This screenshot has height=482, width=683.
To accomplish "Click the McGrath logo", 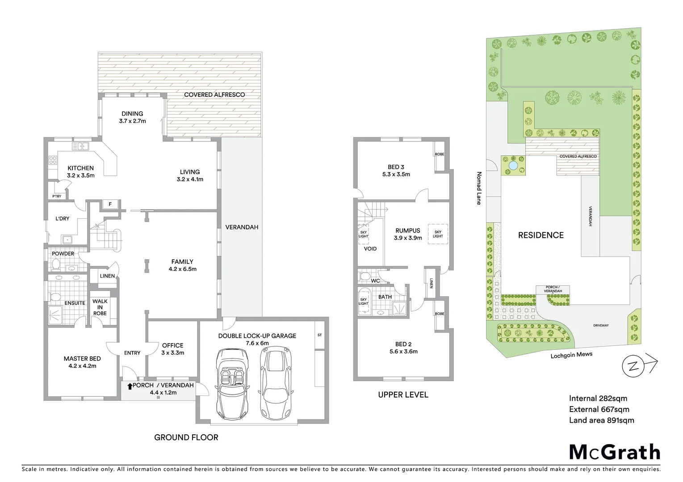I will [x=614, y=452].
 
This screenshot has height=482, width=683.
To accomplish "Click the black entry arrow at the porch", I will [x=130, y=386].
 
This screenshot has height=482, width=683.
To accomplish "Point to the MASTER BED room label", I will [x=82, y=358].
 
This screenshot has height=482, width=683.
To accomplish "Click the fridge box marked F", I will [x=110, y=204].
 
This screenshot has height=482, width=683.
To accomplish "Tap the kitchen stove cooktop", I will [x=53, y=160].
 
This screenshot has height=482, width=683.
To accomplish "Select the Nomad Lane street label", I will [x=479, y=188].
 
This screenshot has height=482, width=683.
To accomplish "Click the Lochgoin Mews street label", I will [x=571, y=355].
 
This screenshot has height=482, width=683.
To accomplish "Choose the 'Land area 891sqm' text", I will [x=601, y=420].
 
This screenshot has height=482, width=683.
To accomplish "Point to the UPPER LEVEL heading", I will [x=403, y=395].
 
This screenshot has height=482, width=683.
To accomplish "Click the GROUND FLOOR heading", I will [x=186, y=437].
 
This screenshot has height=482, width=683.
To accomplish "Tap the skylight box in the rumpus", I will [x=438, y=234].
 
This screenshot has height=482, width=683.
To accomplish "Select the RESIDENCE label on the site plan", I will [x=541, y=235].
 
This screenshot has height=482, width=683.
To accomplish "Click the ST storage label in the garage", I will [x=319, y=335].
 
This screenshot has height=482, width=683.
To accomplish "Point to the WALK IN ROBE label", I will [x=100, y=307].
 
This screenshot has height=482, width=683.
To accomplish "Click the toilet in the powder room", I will [x=56, y=265].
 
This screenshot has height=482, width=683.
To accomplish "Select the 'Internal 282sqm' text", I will [x=598, y=399].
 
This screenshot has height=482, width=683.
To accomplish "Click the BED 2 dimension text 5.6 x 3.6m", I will [x=403, y=351].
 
